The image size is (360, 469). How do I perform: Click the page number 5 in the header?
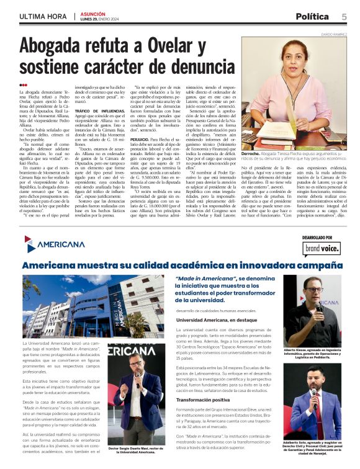click(x=344, y=16)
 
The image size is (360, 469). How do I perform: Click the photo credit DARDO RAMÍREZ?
click(x=331, y=36)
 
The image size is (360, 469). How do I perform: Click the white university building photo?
click(x=92, y=305)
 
